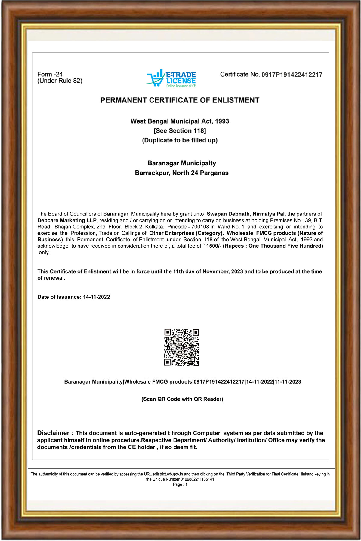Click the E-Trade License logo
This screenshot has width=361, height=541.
[x=171, y=78]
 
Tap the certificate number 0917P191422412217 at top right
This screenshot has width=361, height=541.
[x=292, y=75]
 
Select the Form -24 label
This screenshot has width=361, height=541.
[x=50, y=74]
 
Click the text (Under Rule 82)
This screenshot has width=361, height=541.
[x=60, y=81]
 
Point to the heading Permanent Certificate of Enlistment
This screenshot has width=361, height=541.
[x=180, y=100]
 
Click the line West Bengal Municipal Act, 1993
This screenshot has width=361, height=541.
[x=180, y=121]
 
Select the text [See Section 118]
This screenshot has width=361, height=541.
[x=180, y=131]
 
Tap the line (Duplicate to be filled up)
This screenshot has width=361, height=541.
[x=180, y=140]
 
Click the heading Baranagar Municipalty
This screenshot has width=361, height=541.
[x=182, y=163]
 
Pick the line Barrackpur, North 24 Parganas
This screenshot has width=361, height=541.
[x=182, y=173]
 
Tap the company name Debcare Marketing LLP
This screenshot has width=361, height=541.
[x=67, y=220]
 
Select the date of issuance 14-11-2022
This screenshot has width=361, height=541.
[x=96, y=297]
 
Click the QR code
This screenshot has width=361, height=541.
[x=181, y=347]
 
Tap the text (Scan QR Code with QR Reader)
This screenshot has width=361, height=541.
[x=182, y=399]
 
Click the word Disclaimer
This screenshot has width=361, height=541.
[x=53, y=433]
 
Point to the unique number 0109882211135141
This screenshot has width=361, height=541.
[x=197, y=479]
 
